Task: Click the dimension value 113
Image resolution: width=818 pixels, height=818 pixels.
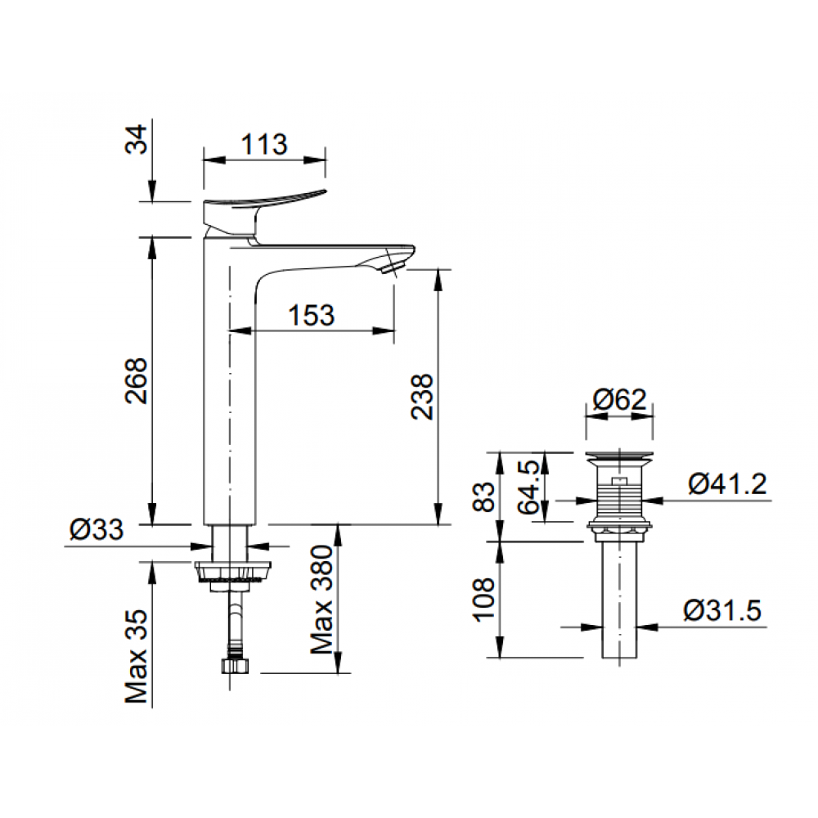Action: [264, 145]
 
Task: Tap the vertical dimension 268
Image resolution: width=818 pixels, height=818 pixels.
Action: [137, 380]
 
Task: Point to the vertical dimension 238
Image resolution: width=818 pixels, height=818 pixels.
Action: [422, 397]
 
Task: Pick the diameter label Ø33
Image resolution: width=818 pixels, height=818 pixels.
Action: [96, 530]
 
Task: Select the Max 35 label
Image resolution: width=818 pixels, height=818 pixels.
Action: [137, 657]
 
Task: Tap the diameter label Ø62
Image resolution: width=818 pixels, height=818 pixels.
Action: [619, 400]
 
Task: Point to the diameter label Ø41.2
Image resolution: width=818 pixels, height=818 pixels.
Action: [727, 484]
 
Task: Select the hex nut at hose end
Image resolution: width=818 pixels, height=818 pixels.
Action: [234, 663]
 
